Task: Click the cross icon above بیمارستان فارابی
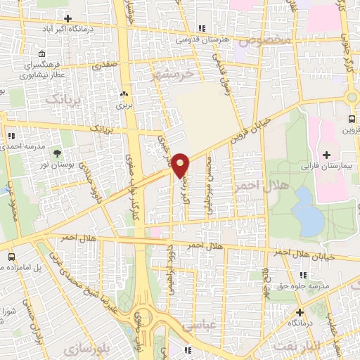pos(326,154)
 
